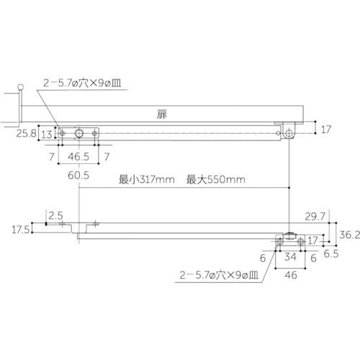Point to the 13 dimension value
point(45,134)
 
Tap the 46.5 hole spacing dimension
point(79,156)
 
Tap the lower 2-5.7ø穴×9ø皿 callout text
point(220,274)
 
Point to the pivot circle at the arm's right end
point(288,133)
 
